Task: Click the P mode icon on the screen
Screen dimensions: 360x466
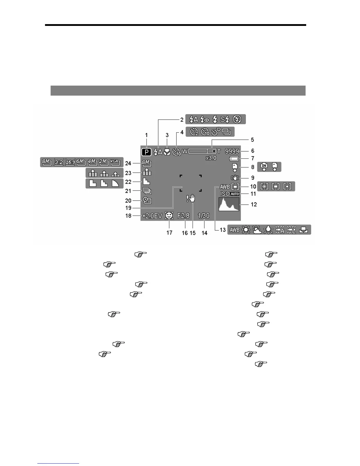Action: (x=146, y=152)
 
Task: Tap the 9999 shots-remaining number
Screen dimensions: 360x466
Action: (x=232, y=151)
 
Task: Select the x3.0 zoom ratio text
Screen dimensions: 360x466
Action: (x=211, y=158)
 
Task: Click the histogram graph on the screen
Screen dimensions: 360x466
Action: (x=229, y=204)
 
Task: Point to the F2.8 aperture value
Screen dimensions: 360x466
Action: (x=183, y=216)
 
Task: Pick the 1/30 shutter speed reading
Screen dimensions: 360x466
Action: (x=204, y=216)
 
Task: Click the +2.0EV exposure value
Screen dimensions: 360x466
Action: (x=152, y=216)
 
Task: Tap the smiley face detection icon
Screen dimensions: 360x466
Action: (x=169, y=216)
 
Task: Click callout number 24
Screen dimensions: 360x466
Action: (x=128, y=163)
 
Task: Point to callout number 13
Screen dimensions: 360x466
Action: (x=223, y=230)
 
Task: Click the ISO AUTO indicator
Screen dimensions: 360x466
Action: (x=230, y=194)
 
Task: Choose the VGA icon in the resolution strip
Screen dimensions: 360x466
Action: (x=115, y=162)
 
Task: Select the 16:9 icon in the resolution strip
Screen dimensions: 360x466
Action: (x=70, y=162)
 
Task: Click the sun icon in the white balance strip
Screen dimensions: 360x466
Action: (x=246, y=230)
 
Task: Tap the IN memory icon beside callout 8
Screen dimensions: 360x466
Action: (x=264, y=167)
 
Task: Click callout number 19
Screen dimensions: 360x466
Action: (x=128, y=208)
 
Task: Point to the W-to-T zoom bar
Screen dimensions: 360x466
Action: (x=202, y=151)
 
